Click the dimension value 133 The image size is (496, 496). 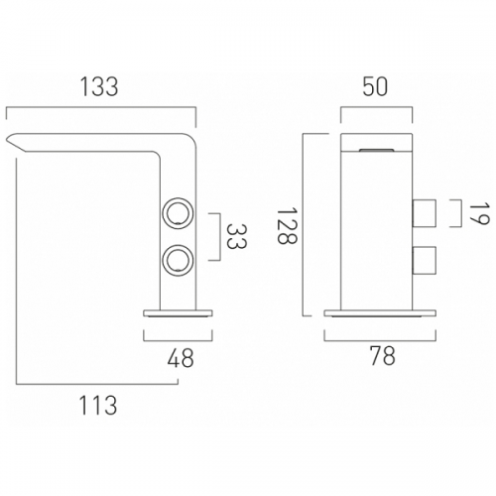[99, 86]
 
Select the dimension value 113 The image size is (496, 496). [98, 405]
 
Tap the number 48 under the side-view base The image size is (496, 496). [181, 358]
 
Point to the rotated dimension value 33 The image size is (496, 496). [237, 237]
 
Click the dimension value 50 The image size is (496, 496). [375, 87]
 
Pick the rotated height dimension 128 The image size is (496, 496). [287, 225]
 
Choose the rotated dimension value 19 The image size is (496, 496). [479, 214]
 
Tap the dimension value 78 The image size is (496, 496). [383, 356]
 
